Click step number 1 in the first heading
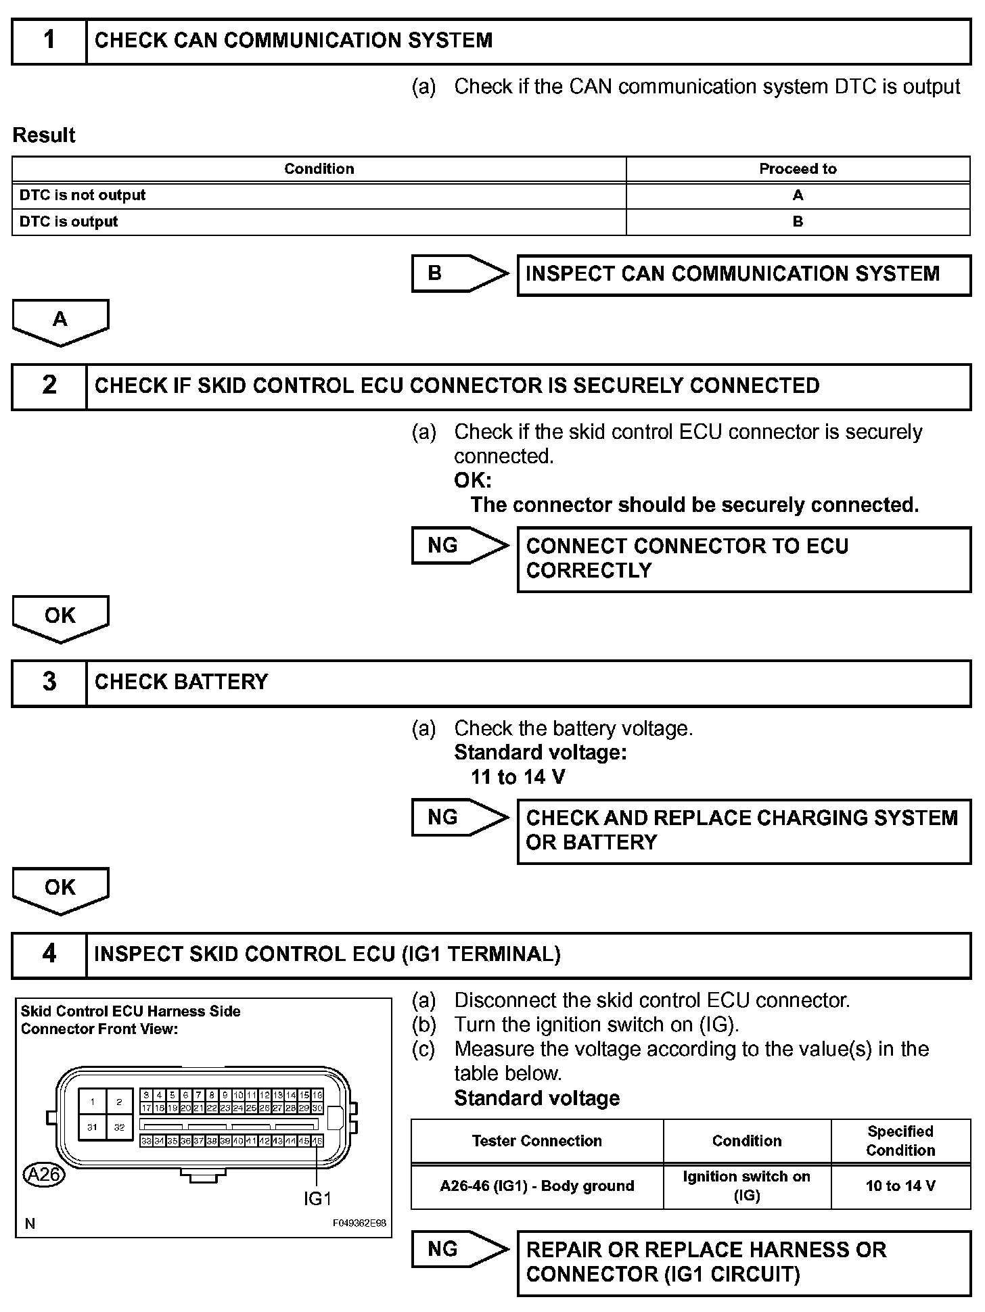[x=49, y=41]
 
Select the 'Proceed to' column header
[x=798, y=169]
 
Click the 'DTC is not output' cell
[x=83, y=195]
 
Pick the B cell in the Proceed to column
[x=798, y=222]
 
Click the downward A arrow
[x=60, y=321]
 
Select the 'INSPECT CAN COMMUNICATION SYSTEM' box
[x=743, y=275]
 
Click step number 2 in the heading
[x=49, y=385]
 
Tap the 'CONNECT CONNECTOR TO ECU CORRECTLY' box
[x=743, y=559]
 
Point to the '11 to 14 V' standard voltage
[x=518, y=777]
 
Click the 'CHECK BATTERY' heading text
[x=181, y=682]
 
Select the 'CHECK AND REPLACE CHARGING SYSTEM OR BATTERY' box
[x=743, y=830]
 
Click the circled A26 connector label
[x=44, y=1174]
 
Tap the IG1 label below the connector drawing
[x=317, y=1198]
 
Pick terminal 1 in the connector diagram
[x=93, y=1102]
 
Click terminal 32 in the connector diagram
[x=119, y=1127]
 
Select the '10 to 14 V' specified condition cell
[x=900, y=1186]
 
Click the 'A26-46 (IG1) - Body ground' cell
[x=537, y=1186]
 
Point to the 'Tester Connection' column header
[x=537, y=1141]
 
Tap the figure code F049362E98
[x=359, y=1223]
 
